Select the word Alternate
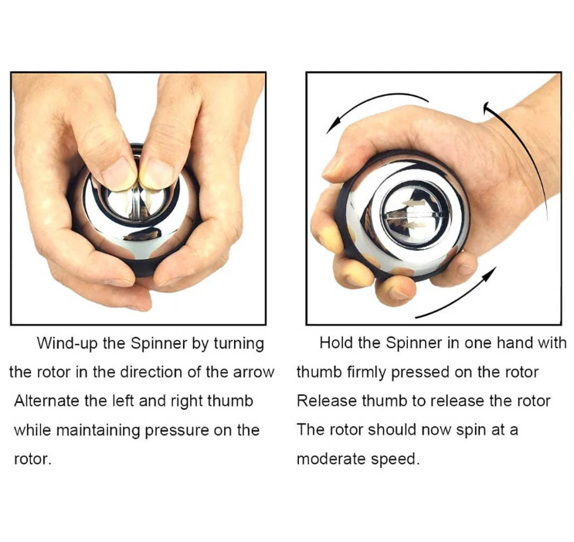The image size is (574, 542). click(x=46, y=401)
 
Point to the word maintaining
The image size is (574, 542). click(x=98, y=431)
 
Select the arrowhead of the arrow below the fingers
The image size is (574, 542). click(x=489, y=275)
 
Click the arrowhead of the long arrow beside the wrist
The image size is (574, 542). click(x=487, y=107)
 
